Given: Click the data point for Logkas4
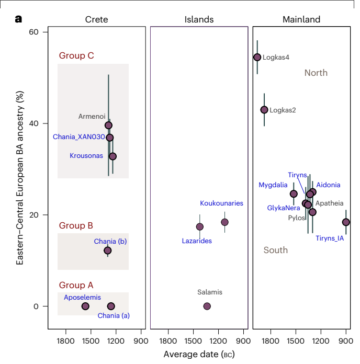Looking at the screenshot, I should [257, 58].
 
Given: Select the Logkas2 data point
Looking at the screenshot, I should [264, 110].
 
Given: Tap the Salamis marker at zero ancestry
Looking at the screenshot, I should [207, 306].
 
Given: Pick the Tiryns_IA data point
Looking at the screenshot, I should [346, 222].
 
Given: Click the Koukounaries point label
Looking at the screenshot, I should [221, 203].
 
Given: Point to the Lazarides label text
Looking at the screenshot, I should [197, 241].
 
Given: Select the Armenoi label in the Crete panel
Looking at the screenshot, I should [92, 117].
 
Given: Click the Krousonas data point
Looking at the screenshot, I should [113, 156].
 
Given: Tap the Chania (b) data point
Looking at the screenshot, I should [107, 251].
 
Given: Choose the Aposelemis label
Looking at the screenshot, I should [82, 297].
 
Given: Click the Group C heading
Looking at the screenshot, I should [76, 56].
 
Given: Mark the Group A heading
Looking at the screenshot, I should [76, 286].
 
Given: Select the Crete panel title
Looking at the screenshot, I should [96, 20].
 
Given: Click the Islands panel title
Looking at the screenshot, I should [199, 20].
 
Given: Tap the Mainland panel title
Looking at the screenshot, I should [301, 20].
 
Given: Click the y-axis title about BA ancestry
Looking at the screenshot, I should [20, 177].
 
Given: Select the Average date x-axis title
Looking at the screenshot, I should [199, 354].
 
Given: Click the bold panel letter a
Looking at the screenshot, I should [18, 19].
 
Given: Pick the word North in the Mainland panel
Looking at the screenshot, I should [316, 73].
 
